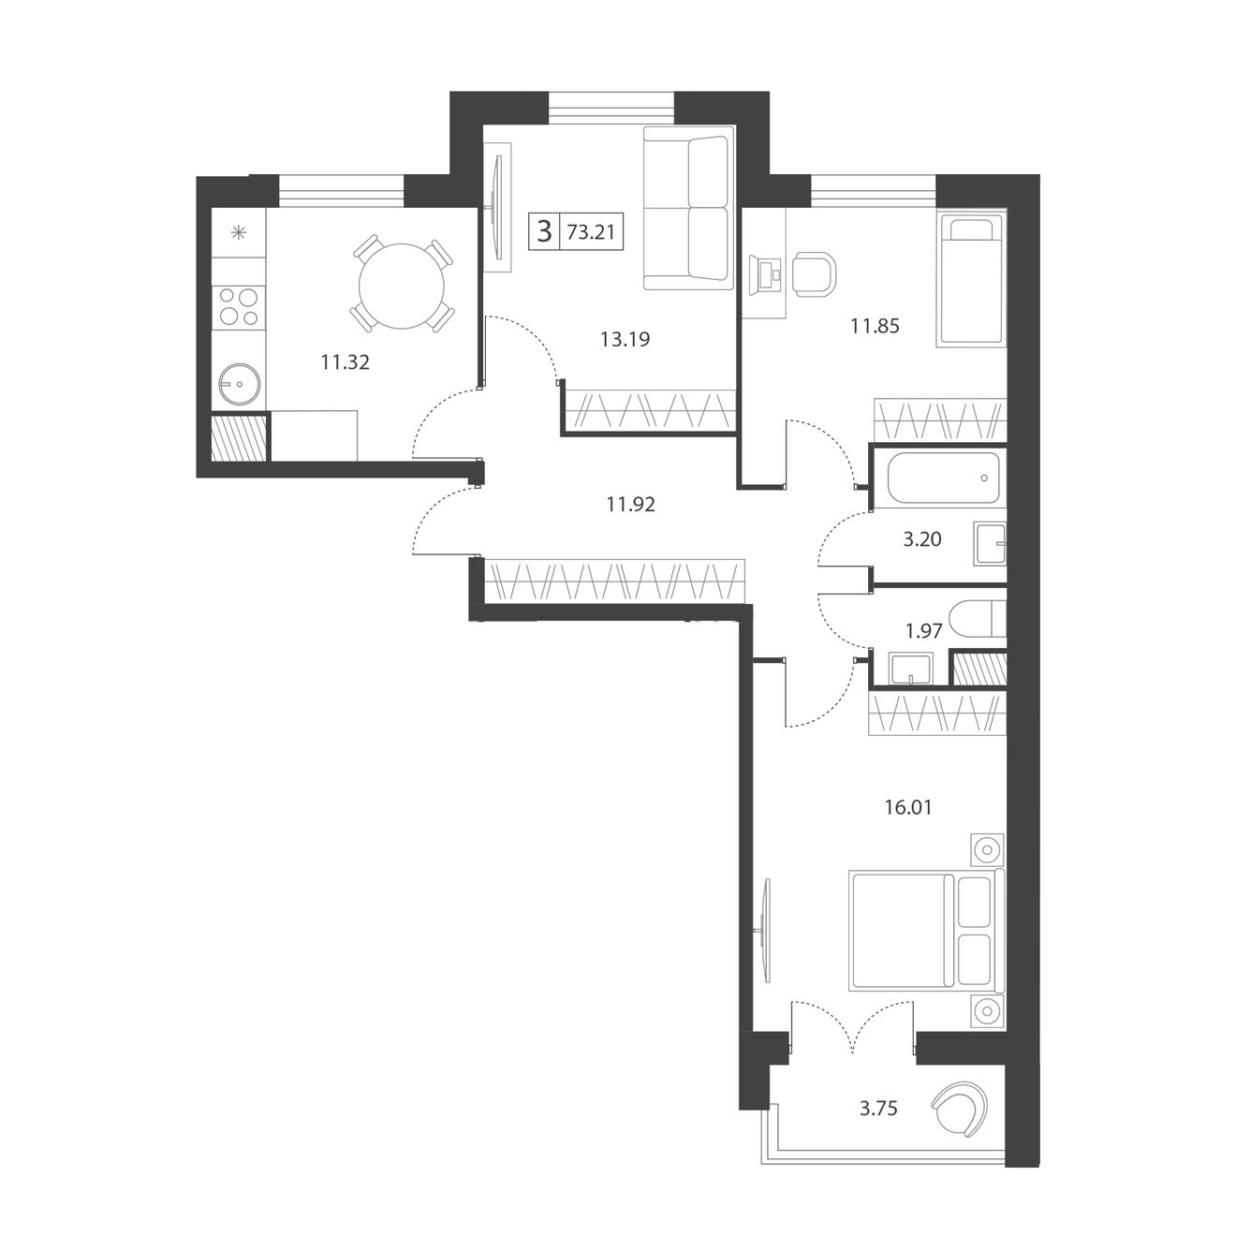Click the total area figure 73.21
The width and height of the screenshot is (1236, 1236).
coord(591,232)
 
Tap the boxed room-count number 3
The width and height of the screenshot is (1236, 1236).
coord(544,231)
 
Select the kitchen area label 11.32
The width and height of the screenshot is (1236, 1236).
coord(346,363)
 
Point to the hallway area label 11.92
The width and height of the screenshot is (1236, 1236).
coord(631,505)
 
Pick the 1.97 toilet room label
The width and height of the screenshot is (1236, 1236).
coord(923,631)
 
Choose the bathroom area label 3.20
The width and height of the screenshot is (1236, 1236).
coord(922,539)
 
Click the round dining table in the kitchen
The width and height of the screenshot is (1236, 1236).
coord(402,286)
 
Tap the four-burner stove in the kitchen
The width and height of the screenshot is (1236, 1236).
coord(239,305)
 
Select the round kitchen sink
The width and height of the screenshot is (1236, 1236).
coord(240,384)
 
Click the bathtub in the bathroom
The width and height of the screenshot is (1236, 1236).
coord(944,478)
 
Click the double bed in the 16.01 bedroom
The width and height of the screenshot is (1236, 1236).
coord(926,930)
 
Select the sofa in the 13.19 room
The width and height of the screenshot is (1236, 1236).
coord(688,208)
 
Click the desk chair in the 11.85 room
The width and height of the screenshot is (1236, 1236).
coord(814,274)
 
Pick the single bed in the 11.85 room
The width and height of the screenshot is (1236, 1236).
coord(971,280)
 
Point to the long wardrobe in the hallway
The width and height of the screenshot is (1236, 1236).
coord(616,581)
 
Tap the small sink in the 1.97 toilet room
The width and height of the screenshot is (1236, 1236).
coord(911,669)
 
